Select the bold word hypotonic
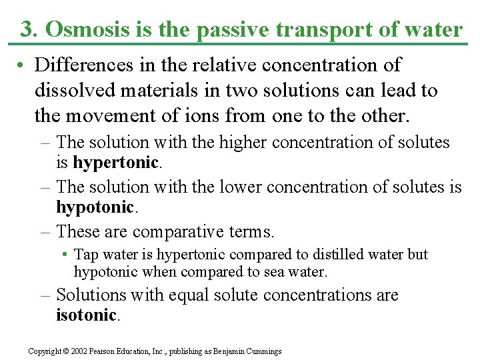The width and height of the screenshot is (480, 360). pos(95,207)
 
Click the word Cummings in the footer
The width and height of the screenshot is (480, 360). pos(262,351)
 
